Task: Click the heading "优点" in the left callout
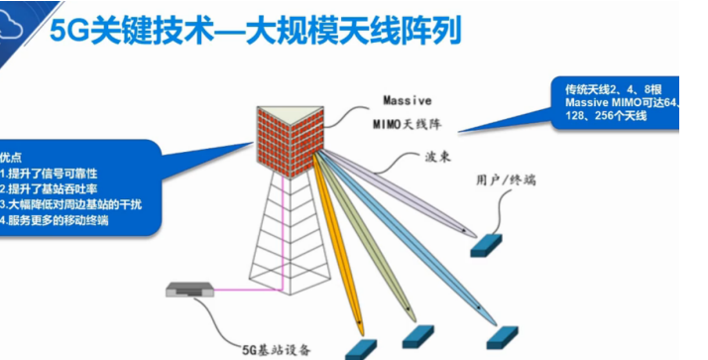[x=11, y=156]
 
